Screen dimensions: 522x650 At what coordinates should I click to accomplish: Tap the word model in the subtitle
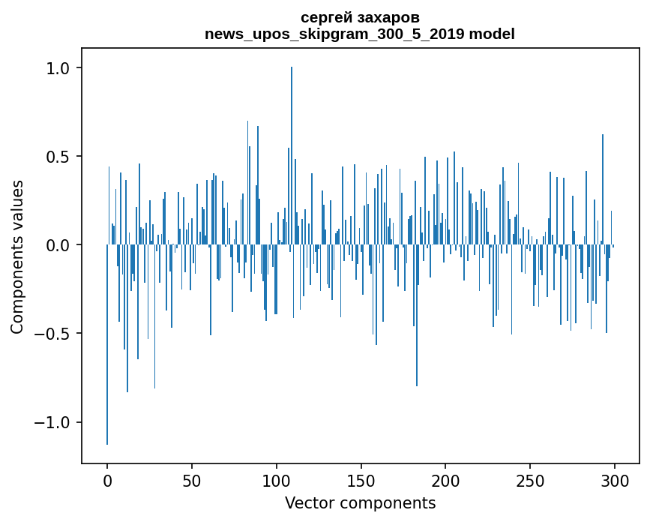493,34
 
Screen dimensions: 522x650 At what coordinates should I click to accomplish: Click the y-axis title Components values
16,256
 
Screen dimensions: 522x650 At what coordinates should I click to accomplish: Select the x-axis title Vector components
360,502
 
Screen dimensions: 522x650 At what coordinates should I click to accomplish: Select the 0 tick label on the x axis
107,480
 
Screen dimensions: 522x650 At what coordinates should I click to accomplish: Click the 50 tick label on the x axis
192,480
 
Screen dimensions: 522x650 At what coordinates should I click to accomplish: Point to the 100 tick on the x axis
277,480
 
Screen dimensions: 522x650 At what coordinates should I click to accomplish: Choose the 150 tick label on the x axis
361,480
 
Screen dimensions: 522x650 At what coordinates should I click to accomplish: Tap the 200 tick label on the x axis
445,480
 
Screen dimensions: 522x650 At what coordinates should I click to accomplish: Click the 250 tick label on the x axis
530,480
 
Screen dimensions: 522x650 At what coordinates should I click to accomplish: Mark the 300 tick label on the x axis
615,480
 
